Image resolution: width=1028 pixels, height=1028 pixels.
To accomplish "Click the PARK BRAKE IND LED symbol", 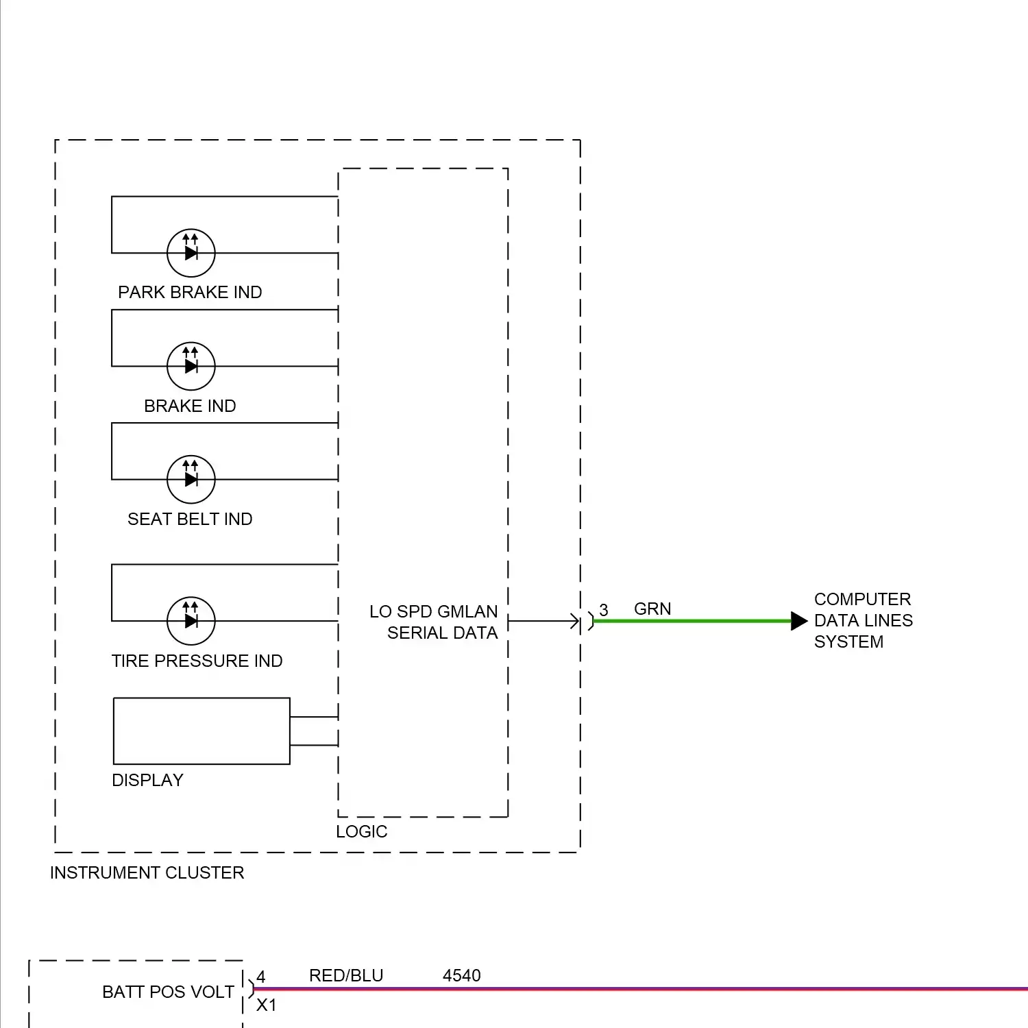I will pyautogui.click(x=191, y=253).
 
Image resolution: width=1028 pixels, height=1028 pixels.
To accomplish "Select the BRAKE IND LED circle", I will pyautogui.click(x=191, y=366).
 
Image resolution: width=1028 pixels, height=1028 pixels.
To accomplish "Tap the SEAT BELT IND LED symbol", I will pyautogui.click(x=191, y=479).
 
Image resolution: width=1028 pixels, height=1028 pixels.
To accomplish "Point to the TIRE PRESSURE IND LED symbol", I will pyautogui.click(x=191, y=621).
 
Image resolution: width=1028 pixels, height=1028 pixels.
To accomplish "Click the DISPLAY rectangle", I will pyautogui.click(x=201, y=731).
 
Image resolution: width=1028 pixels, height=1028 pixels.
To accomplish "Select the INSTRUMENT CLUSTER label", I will pyautogui.click(x=147, y=872).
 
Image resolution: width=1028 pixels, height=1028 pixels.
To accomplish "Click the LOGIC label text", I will pyautogui.click(x=361, y=831).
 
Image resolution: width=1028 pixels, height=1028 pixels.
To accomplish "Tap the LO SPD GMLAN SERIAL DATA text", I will pyautogui.click(x=435, y=622).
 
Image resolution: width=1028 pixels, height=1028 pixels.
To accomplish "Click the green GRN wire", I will pyautogui.click(x=692, y=621).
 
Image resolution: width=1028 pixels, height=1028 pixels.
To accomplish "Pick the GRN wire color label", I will pyautogui.click(x=652, y=609).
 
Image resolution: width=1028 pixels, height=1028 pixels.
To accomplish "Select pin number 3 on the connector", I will pyautogui.click(x=603, y=610).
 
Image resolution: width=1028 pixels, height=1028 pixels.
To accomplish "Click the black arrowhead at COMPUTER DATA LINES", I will pyautogui.click(x=798, y=621).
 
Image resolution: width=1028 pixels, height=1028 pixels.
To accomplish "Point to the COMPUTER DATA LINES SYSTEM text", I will pyautogui.click(x=863, y=620).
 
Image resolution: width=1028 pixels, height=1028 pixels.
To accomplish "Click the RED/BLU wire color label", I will pyautogui.click(x=346, y=975).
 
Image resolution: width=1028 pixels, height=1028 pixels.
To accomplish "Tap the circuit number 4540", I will pyautogui.click(x=461, y=975).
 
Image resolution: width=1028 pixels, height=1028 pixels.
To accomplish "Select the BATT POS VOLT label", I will pyautogui.click(x=168, y=992).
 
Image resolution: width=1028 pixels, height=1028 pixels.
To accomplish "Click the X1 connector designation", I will pyautogui.click(x=266, y=1005).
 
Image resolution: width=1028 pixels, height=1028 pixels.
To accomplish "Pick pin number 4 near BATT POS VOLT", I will pyautogui.click(x=260, y=977).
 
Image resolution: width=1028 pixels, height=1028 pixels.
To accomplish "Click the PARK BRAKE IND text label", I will pyautogui.click(x=190, y=292).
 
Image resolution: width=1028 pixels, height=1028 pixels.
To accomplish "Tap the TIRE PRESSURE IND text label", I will pyautogui.click(x=197, y=661).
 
